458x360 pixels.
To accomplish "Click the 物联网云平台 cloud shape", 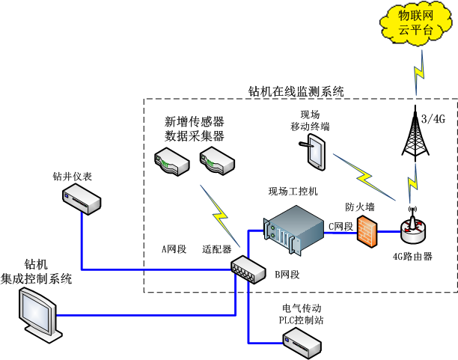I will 415,25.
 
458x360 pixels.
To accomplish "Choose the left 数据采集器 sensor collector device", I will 170,159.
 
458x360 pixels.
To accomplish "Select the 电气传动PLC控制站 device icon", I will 299,343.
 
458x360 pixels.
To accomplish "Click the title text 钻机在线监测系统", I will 296,91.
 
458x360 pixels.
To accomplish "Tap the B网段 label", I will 287,275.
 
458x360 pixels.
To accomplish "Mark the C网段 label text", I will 341,225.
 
